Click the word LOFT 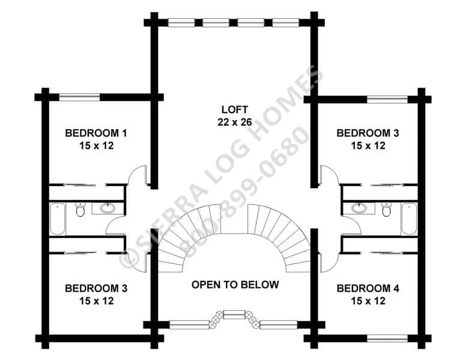234,110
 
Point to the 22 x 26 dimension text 235,122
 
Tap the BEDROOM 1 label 96,133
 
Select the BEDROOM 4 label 368,288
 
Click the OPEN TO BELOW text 235,284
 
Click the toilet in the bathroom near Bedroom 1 80,209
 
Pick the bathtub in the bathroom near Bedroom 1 57,219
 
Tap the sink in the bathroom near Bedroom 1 107,208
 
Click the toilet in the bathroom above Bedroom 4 386,209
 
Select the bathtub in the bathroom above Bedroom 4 409,219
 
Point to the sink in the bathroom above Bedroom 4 359,208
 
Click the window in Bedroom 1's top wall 79,97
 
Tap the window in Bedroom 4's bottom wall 387,338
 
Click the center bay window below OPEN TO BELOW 234,314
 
